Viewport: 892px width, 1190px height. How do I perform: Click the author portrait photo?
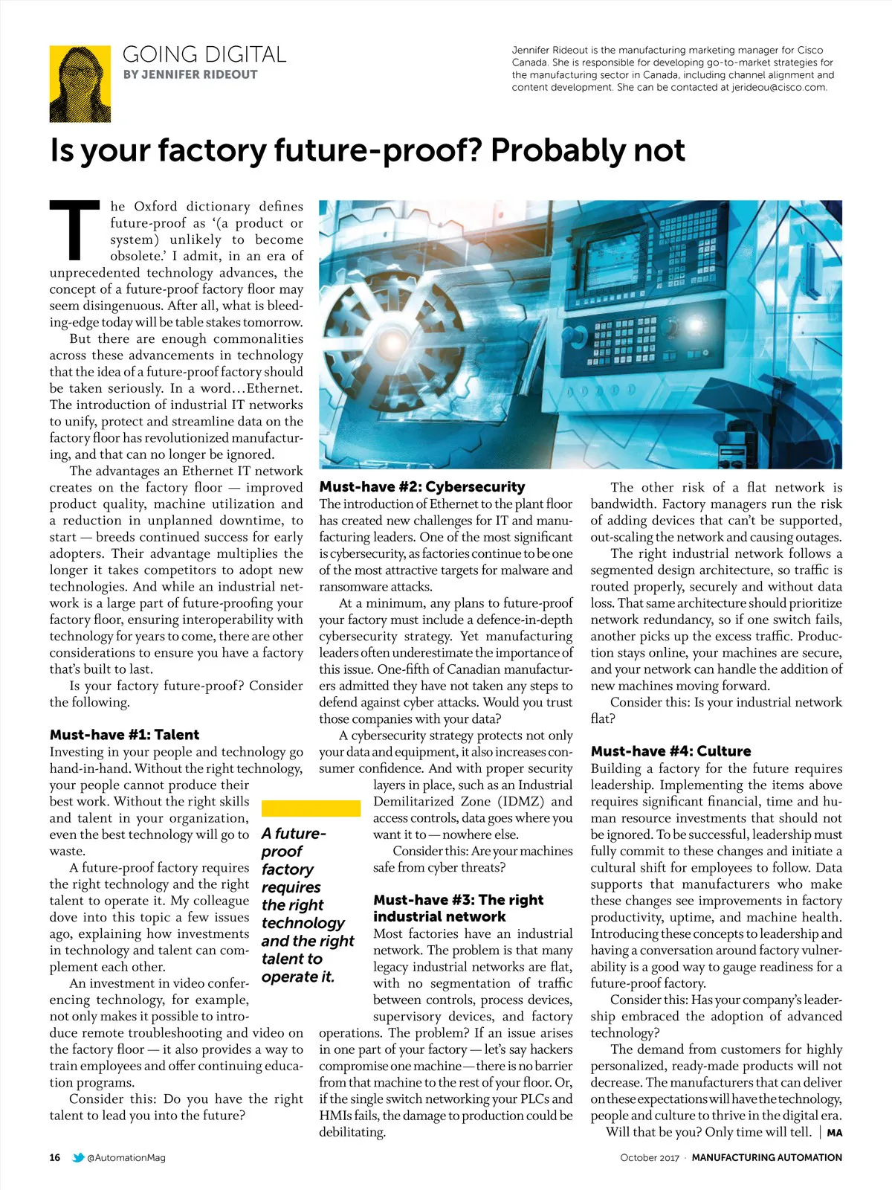80,83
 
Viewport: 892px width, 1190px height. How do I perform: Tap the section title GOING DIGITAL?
204,54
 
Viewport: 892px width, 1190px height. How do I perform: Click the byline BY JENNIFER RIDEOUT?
190,74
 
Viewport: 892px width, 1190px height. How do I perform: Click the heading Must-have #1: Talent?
124,735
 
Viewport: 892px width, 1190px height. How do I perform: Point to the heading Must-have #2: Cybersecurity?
422,487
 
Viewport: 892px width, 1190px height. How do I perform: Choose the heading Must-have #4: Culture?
670,751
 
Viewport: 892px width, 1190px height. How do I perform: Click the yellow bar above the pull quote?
311,808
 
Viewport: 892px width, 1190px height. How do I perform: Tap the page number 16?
55,1157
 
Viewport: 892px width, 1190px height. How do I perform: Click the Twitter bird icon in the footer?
78,1157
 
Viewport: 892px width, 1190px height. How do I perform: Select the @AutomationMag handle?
126,1157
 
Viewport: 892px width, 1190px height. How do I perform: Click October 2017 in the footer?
650,1157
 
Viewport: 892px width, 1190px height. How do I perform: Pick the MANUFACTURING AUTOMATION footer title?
766,1157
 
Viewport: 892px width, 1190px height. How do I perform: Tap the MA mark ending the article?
834,1133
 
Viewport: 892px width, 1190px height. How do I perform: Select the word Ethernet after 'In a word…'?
273,388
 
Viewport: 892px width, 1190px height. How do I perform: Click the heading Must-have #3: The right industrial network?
459,908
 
